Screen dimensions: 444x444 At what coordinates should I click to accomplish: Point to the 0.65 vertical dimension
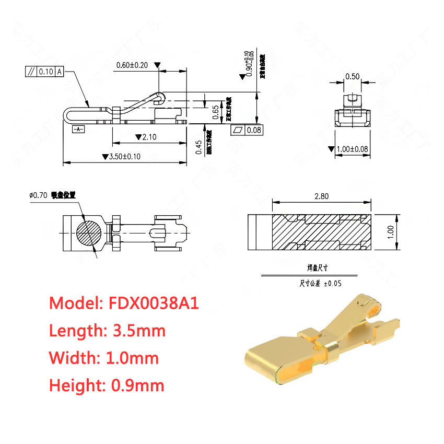tap(216, 110)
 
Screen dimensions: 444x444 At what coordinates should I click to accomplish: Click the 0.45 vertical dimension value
tap(198, 148)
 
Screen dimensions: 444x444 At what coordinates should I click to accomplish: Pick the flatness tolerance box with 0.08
tap(247, 130)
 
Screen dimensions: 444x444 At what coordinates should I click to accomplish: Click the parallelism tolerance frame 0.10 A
tap(44, 72)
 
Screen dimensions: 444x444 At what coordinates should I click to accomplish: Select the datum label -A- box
tap(77, 128)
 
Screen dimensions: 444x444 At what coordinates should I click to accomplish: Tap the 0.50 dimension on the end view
tap(353, 76)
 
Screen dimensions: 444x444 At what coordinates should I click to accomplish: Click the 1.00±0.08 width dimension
tap(352, 149)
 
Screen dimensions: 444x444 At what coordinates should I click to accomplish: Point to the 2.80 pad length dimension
tap(321, 196)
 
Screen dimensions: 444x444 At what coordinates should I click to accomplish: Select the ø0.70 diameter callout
tap(39, 195)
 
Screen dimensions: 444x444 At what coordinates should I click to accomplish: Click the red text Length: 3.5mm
tap(107, 331)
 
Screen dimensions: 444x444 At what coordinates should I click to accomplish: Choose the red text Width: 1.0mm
tap(103, 358)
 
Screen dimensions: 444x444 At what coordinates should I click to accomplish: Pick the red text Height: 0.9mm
tap(107, 385)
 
